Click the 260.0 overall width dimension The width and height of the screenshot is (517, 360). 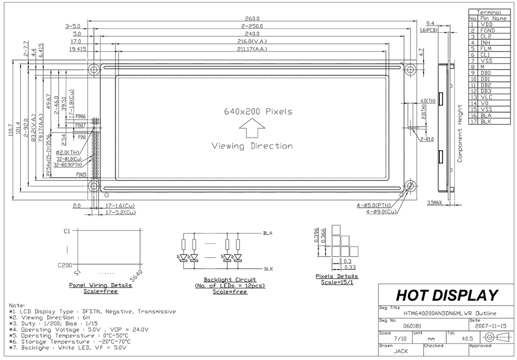252,18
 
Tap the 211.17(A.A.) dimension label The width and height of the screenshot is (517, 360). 252,49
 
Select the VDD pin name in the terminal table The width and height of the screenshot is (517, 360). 487,24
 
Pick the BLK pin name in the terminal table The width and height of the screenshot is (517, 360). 486,122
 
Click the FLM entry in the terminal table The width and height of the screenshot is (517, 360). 486,49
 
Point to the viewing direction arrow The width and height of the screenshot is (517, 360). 252,128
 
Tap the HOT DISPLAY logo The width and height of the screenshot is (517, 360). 447,295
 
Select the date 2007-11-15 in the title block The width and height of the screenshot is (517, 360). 491,326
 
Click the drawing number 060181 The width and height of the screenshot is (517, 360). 412,326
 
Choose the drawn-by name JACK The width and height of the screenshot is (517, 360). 401,351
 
